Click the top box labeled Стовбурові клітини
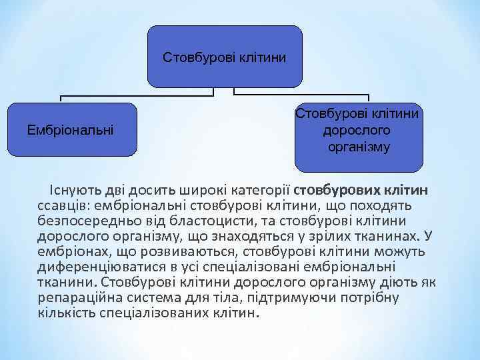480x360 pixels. coord(224,57)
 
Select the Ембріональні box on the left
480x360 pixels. coord(70,129)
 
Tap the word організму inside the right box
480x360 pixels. coord(359,146)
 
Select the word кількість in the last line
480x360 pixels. coord(67,313)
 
